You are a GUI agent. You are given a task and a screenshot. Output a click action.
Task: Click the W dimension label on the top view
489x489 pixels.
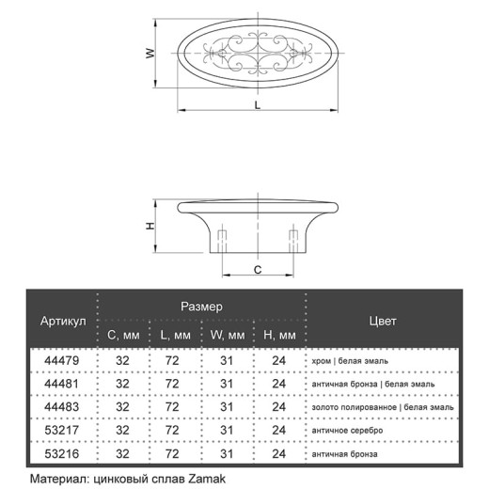tap(150, 53)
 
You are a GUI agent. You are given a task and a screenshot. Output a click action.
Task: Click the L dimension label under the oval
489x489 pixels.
tap(258, 105)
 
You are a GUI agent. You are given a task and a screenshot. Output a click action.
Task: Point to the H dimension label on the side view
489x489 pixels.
tap(150, 226)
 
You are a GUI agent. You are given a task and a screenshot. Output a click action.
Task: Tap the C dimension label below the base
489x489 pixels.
tap(258, 270)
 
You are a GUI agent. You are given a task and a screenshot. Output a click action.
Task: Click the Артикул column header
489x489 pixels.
tap(63, 321)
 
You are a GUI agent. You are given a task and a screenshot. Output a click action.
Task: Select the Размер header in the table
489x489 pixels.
tap(201, 307)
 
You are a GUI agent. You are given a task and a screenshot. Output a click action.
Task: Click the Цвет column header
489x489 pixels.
tap(383, 321)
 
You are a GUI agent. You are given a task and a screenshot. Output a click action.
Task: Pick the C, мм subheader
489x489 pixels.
tap(123, 335)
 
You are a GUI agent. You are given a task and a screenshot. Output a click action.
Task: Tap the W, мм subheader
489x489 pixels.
tap(228, 335)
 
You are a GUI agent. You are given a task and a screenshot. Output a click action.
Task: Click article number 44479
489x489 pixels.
tap(61, 360)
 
